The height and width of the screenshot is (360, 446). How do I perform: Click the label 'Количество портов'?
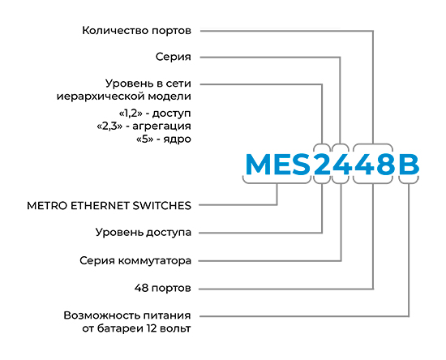tap(136, 31)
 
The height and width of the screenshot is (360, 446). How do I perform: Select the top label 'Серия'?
tap(174, 57)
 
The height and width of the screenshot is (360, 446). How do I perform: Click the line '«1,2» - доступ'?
tap(155, 114)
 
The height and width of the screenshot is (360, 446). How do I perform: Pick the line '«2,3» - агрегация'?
tap(144, 126)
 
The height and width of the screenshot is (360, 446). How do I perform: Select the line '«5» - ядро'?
tap(164, 139)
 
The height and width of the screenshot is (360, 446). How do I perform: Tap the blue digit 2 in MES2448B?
tap(322, 164)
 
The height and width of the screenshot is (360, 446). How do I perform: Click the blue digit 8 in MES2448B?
tap(385, 164)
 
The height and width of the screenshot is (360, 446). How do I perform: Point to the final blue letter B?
tap(409, 164)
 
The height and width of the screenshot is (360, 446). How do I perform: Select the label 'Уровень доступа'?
tap(144, 233)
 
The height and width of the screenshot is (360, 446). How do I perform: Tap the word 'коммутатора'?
tap(155, 261)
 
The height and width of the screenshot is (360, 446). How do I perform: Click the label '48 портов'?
tap(163, 289)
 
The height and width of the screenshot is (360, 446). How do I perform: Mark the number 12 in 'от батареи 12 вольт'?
tap(152, 328)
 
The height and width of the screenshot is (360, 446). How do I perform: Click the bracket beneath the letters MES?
tap(277, 181)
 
